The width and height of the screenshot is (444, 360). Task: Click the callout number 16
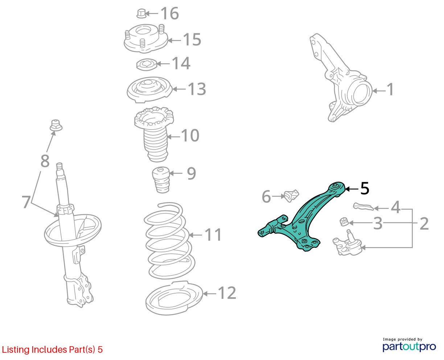(170, 13)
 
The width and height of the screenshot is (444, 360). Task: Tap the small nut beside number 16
(141, 13)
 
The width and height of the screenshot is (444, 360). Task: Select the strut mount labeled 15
(145, 38)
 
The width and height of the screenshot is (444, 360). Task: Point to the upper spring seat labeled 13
(149, 90)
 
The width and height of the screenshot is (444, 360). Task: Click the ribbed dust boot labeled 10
(155, 135)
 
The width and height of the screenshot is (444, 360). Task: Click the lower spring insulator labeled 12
(174, 298)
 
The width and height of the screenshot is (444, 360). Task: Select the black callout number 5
(365, 188)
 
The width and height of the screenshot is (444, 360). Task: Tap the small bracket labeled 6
(290, 196)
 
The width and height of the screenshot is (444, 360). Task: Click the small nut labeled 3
(344, 221)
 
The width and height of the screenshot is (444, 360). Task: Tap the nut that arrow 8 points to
(56, 125)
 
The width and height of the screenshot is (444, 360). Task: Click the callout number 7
(26, 202)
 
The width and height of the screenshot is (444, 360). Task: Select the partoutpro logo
(409, 347)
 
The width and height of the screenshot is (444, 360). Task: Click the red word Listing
(16, 350)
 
